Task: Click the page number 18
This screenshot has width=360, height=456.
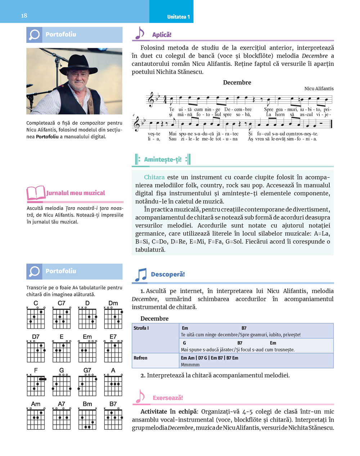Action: pyautogui.click(x=24, y=15)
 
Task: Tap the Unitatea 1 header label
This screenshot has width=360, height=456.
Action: pyautogui.click(x=178, y=17)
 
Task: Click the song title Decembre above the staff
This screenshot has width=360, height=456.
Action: pyautogui.click(x=237, y=82)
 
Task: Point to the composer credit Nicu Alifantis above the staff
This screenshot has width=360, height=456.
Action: pyautogui.click(x=319, y=88)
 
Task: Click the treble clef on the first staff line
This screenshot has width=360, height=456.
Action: pyautogui.click(x=151, y=100)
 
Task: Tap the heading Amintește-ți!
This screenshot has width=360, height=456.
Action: pyautogui.click(x=162, y=159)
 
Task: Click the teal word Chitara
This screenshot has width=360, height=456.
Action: pyautogui.click(x=154, y=177)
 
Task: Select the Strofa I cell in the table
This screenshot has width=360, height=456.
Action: pyautogui.click(x=141, y=328)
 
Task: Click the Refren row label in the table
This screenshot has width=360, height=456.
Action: pyautogui.click(x=140, y=358)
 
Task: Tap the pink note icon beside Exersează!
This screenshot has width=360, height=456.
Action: pyautogui.click(x=139, y=397)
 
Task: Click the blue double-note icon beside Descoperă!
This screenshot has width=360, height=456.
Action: pyautogui.click(x=140, y=275)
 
